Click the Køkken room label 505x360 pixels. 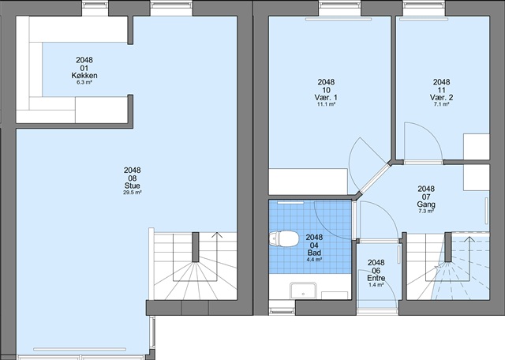pos(84,76)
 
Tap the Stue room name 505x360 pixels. pos(133,186)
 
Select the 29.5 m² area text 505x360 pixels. pos(133,193)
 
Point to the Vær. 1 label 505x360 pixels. pos(326,97)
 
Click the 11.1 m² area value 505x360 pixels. pos(326,104)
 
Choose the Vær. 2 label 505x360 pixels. pos(441,97)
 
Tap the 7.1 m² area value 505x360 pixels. pos(441,104)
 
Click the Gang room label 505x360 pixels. pos(426,204)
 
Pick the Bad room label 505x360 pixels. pos(314,253)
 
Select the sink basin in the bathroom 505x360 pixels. pos(303,291)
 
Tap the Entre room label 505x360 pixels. pos(376,278)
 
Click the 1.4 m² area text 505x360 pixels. pos(376,285)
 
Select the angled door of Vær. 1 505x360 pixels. pos(374,180)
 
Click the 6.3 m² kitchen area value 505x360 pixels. pos(84,82)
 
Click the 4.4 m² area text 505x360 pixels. pos(314,260)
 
